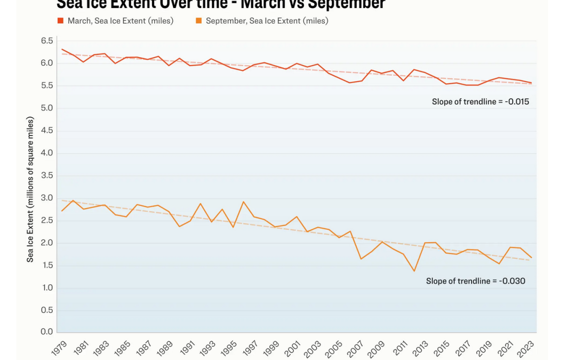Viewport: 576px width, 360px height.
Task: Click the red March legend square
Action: click(x=60, y=21)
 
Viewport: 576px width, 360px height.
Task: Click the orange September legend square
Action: click(x=198, y=21)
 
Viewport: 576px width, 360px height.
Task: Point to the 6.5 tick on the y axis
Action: click(x=47, y=41)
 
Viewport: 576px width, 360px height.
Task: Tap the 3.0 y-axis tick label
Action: click(x=47, y=198)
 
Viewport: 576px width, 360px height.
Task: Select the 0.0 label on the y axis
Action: click(x=47, y=332)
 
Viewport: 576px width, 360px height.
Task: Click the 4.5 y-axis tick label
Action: click(x=47, y=131)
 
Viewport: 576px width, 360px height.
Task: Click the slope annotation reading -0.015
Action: click(x=480, y=101)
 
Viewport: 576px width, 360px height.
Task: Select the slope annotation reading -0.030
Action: click(x=475, y=281)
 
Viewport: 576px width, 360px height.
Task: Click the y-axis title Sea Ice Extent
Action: click(x=30, y=189)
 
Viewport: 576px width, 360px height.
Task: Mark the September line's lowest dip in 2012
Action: click(x=414, y=271)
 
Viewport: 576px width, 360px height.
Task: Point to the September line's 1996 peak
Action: click(x=243, y=202)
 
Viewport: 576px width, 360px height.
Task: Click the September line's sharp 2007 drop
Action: click(x=361, y=259)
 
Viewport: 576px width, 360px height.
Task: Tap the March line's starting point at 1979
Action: click(x=62, y=49)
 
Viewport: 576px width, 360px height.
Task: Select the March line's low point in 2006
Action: click(x=350, y=83)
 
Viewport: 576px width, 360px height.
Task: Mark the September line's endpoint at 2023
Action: click(x=531, y=258)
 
